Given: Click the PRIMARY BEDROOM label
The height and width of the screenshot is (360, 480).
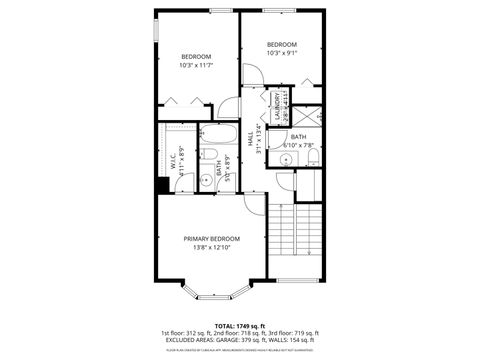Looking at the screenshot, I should (x=211, y=238).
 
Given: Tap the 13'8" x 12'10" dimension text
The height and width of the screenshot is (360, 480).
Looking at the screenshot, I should (x=211, y=247).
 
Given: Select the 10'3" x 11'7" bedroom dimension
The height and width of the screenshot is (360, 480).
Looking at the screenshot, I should (x=196, y=66).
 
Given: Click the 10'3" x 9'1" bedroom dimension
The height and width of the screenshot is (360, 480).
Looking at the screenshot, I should (x=282, y=55).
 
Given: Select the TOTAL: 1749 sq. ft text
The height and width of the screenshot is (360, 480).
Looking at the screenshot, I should (x=239, y=325).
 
